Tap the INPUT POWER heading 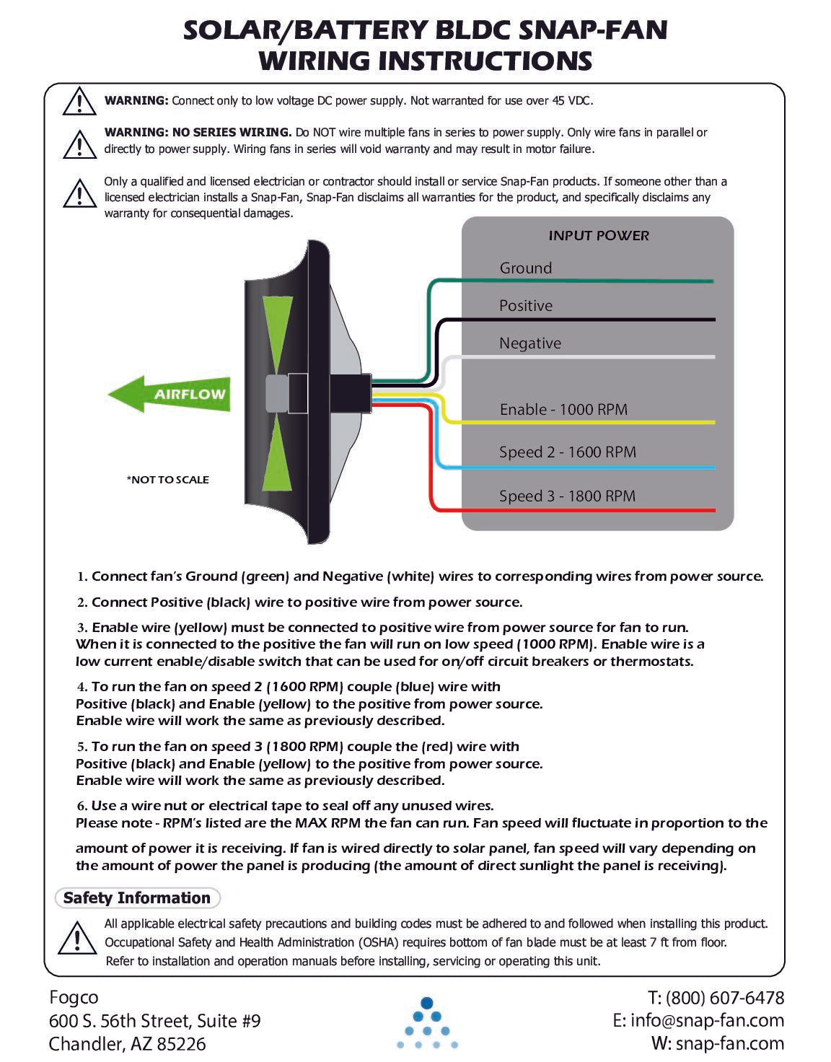tap(598, 235)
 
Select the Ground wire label tap(525, 268)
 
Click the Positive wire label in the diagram tap(525, 305)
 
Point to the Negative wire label tap(529, 343)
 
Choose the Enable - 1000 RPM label tap(563, 409)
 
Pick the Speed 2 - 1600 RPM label tap(567, 452)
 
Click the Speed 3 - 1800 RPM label tap(567, 496)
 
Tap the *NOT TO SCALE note tap(167, 479)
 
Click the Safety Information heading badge tap(137, 898)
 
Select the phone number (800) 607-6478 tap(724, 997)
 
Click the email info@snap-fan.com tap(706, 1020)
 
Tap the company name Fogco tap(74, 997)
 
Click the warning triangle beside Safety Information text tap(76, 938)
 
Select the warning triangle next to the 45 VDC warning tap(79, 101)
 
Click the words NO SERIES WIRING tap(232, 132)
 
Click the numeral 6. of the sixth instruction tap(82, 806)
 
